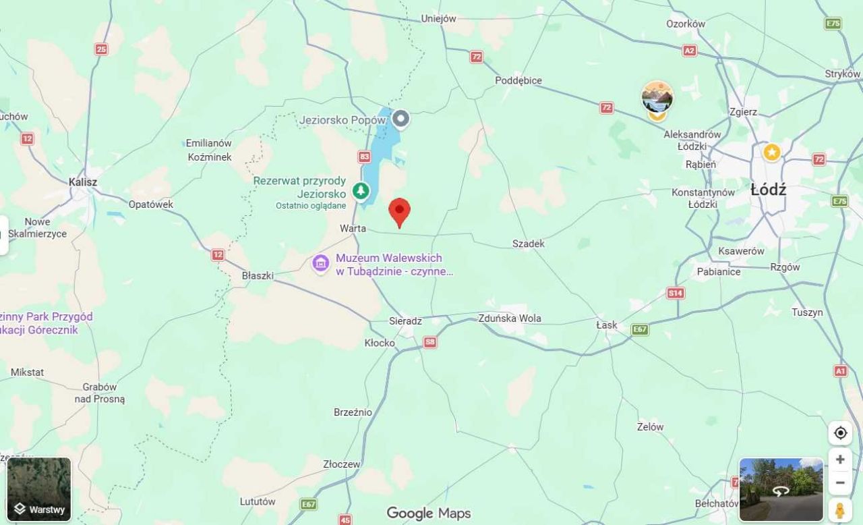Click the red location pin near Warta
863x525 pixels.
click(x=400, y=211)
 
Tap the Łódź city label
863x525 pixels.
click(x=768, y=190)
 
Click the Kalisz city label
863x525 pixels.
click(x=83, y=182)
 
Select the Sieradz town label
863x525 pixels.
click(x=405, y=321)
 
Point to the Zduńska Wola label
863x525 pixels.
click(x=509, y=319)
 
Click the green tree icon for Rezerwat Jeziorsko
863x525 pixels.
click(x=361, y=190)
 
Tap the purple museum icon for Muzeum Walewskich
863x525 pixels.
click(x=321, y=262)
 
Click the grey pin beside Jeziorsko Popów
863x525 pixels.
click(x=401, y=119)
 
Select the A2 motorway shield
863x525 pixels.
click(x=689, y=51)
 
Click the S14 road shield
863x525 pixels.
click(x=675, y=293)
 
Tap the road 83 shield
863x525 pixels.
click(x=365, y=157)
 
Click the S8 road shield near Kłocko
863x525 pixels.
click(x=430, y=342)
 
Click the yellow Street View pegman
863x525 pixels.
click(x=839, y=510)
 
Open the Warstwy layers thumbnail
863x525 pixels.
click(x=39, y=489)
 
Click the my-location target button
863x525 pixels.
click(x=840, y=433)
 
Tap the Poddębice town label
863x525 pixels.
click(x=518, y=80)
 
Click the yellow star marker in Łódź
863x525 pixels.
click(x=772, y=153)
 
